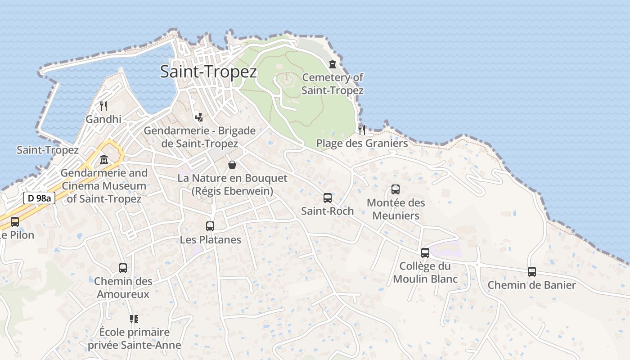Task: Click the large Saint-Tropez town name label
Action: tap(208, 72)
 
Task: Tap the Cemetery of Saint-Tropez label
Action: tap(332, 84)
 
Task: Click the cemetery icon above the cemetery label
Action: tap(333, 64)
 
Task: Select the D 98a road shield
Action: tap(39, 198)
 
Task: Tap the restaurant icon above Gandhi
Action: tap(103, 106)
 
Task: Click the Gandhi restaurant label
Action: tap(103, 119)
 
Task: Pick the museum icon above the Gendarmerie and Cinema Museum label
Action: tap(104, 159)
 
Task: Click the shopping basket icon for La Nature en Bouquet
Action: tap(232, 165)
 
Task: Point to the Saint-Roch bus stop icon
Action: tap(328, 198)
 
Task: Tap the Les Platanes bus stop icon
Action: tap(210, 226)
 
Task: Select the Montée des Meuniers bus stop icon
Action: tap(396, 189)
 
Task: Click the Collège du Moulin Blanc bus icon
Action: tap(425, 253)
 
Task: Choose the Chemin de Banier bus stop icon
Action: tap(532, 272)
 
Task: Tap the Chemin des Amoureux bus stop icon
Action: tap(123, 268)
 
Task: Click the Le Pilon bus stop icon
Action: tap(15, 221)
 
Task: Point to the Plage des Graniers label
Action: tap(362, 143)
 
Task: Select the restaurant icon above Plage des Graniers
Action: tap(362, 130)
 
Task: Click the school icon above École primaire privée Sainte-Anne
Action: tap(134, 319)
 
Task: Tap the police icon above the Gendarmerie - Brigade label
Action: tap(199, 117)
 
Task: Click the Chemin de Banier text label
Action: tap(531, 285)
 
